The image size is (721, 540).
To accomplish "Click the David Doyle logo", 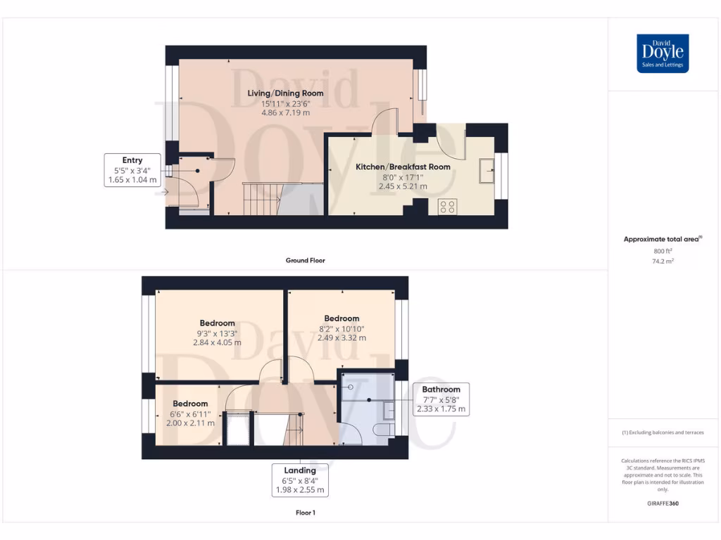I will (x=663, y=53).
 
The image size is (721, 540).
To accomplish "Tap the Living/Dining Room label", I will (x=285, y=93).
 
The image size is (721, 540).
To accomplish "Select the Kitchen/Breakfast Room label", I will (x=402, y=167).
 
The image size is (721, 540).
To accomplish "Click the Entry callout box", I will (x=132, y=170).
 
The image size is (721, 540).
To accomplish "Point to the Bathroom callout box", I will (x=441, y=399).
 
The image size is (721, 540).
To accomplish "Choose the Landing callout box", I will (x=300, y=480).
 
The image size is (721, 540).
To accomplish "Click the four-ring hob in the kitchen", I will (x=446, y=207).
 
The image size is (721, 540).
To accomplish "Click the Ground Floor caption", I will (x=305, y=260).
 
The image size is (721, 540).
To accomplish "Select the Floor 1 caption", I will (x=305, y=513).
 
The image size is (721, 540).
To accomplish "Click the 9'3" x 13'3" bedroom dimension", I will (x=218, y=333).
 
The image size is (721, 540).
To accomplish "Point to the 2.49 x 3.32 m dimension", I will (x=341, y=337).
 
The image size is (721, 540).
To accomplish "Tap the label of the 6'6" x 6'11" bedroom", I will (x=190, y=404).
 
